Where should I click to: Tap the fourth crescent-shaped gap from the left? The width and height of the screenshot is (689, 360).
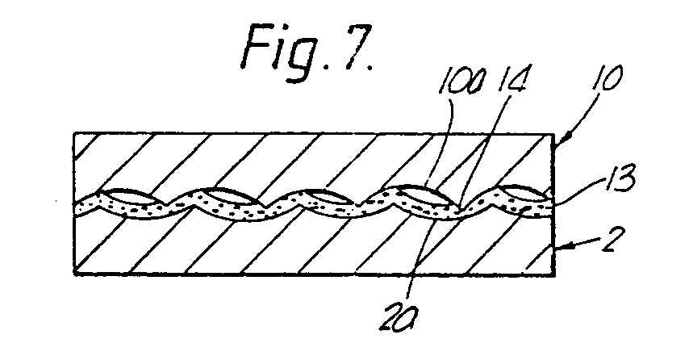[408, 192]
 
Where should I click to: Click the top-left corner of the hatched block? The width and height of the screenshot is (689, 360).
[73, 133]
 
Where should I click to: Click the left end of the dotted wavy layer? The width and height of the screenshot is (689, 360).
[77, 206]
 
